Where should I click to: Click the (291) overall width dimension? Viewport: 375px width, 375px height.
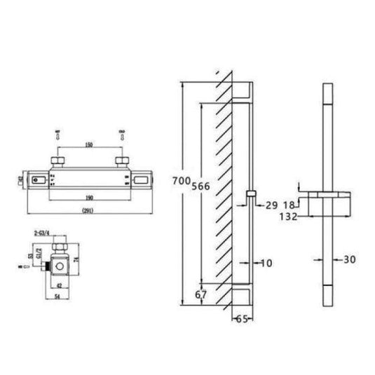pyautogui.click(x=89, y=210)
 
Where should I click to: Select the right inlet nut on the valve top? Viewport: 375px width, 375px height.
pyautogui.click(x=123, y=164)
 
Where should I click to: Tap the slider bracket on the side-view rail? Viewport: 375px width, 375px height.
pyautogui.click(x=252, y=194)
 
